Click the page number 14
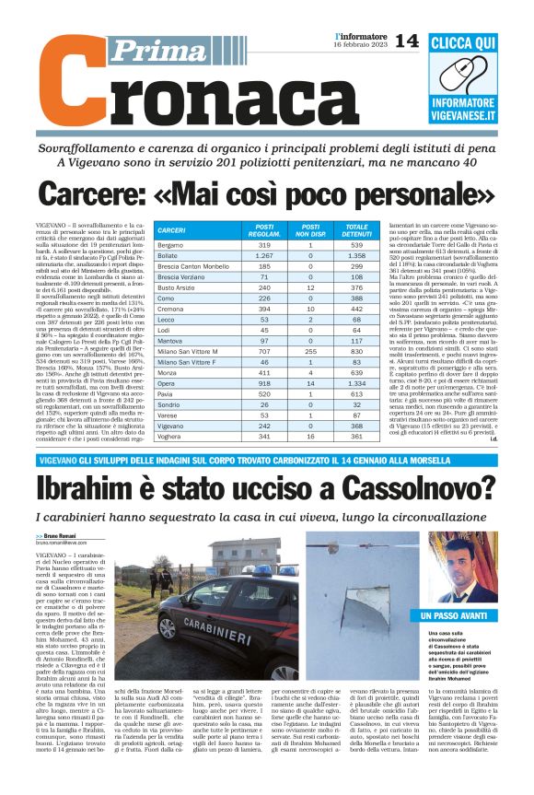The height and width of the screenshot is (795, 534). pyautogui.click(x=406, y=41)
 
